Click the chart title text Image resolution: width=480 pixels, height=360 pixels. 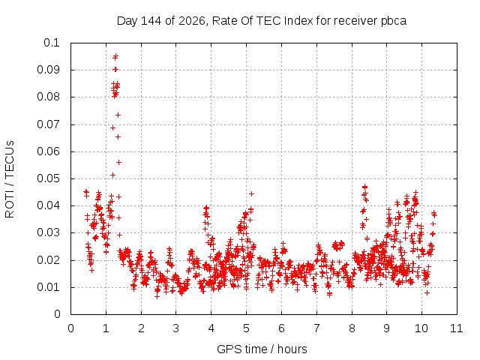tap(262, 21)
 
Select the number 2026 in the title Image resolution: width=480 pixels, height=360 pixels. tap(192, 21)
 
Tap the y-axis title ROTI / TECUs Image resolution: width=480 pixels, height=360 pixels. tap(10, 179)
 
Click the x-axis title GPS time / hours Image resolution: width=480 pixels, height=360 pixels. tap(262, 349)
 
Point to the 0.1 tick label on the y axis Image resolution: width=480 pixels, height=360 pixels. tap(52, 43)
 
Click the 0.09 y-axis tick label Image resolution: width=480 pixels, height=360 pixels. tap(48, 70)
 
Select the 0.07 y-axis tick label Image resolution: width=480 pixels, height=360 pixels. tap(48, 124)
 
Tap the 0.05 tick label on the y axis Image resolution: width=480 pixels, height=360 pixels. tap(48, 178)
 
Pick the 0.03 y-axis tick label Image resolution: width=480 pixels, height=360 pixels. tap(48, 232)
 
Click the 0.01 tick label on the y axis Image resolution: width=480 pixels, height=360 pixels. tap(48, 287)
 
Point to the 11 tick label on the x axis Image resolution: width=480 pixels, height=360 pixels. tap(457, 328)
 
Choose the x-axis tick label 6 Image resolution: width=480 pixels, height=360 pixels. tap(282, 328)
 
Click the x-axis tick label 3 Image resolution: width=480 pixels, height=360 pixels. tap(176, 328)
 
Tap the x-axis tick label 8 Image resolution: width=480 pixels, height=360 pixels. tap(352, 328)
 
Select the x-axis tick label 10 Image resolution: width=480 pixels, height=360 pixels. tap(421, 328)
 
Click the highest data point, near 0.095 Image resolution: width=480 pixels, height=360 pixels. tap(115, 56)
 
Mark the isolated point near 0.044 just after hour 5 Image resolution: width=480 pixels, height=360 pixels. tap(252, 193)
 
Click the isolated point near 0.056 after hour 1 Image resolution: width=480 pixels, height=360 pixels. tap(118, 162)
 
